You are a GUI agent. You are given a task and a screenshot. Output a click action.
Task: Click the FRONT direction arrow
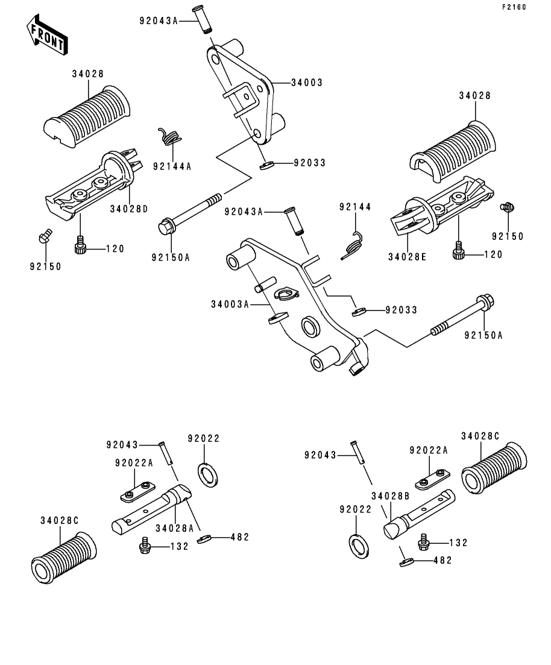tap(46, 35)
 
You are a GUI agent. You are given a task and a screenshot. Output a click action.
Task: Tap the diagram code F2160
tap(514, 7)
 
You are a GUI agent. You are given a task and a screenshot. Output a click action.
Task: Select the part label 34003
tap(307, 83)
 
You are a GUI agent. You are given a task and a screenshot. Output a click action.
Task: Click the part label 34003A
tap(230, 304)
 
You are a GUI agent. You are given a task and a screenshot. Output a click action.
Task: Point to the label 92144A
tap(172, 166)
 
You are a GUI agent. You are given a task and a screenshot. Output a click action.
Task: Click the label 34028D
tap(129, 209)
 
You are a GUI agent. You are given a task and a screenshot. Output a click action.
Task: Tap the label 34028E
tap(407, 257)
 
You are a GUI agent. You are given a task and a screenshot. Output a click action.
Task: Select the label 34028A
tap(174, 528)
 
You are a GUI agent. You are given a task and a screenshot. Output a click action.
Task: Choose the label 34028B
tap(390, 496)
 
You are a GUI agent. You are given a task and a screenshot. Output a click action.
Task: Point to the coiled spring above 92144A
tap(169, 136)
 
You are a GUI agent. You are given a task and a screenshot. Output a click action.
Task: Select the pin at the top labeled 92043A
tap(203, 19)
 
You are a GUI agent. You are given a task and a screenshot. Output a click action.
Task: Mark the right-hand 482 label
tap(443, 560)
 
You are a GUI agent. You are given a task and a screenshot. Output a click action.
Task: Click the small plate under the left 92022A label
tap(137, 492)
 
